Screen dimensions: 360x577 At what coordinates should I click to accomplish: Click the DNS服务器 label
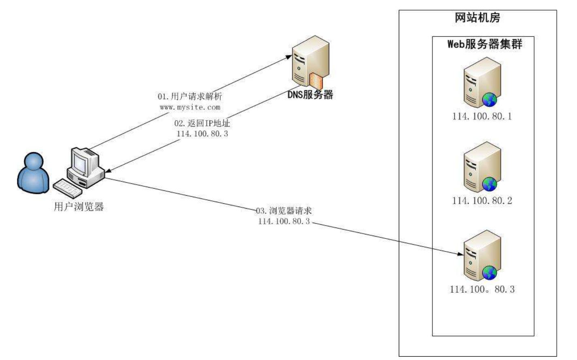(310, 95)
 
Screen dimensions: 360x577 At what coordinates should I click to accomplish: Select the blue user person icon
(33, 173)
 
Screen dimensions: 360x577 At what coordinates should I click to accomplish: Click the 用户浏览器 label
(79, 207)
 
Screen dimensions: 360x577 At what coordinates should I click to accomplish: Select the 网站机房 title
(477, 18)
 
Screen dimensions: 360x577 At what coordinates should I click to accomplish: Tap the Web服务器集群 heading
(484, 44)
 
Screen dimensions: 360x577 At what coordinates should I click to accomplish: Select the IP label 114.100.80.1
(482, 117)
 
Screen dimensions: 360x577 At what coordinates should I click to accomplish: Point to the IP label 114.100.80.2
(482, 200)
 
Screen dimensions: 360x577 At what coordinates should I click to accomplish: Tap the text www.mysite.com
(190, 107)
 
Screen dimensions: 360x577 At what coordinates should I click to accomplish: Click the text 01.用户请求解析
(190, 96)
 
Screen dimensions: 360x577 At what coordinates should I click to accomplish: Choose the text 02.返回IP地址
(202, 123)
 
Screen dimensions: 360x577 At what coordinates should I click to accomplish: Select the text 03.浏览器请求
(284, 211)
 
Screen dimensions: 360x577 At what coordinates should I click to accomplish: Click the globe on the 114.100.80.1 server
(490, 99)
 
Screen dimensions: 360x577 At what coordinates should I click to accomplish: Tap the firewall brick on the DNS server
(316, 81)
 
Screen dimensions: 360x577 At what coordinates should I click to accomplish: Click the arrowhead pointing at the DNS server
(289, 57)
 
